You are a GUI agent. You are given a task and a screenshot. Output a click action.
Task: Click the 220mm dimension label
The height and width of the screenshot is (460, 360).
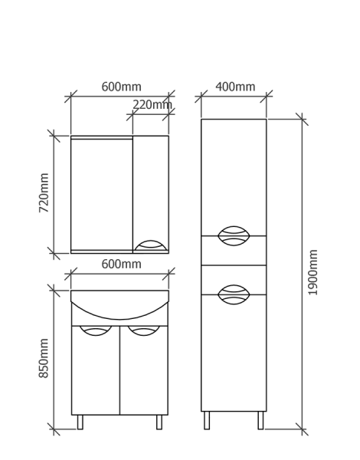pyautogui.click(x=152, y=104)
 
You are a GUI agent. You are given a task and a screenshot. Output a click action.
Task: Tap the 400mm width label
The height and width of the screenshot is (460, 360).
pyautogui.click(x=235, y=87)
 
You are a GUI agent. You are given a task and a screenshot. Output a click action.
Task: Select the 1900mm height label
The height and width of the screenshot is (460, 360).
pyautogui.click(x=313, y=272)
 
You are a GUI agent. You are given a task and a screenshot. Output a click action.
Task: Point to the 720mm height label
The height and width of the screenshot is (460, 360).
pyautogui.click(x=44, y=192)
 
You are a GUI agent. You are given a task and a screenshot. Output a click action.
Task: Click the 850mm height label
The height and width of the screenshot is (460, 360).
pyautogui.click(x=44, y=358)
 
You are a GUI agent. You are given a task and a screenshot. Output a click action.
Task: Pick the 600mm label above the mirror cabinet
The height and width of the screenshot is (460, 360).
pyautogui.click(x=121, y=87)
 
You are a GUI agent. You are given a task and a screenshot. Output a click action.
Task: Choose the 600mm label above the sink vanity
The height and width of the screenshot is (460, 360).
pyautogui.click(x=121, y=264)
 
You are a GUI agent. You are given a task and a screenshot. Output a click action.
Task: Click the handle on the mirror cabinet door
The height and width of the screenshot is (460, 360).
pyautogui.click(x=150, y=246)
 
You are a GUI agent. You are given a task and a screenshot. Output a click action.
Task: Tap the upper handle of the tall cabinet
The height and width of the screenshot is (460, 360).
pyautogui.click(x=234, y=235)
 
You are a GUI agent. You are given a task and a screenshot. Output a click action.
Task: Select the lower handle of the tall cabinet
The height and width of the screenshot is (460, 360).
pyautogui.click(x=234, y=294)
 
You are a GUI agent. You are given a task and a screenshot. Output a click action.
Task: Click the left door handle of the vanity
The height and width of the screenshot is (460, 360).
pyautogui.click(x=96, y=330)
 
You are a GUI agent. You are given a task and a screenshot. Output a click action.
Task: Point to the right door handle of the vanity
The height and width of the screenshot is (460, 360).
pyautogui.click(x=144, y=330)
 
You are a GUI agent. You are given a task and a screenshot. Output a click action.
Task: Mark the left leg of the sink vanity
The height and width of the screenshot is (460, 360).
pyautogui.click(x=80, y=422)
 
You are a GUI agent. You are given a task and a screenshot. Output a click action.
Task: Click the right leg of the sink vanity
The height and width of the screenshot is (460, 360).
pyautogui.click(x=159, y=422)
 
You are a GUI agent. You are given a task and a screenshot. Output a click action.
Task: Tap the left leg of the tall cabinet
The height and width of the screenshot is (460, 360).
pyautogui.click(x=207, y=420)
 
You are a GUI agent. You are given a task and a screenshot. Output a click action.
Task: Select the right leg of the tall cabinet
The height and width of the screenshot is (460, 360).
pyautogui.click(x=260, y=420)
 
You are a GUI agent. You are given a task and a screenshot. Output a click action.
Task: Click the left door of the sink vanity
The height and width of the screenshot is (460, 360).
pyautogui.click(x=96, y=370)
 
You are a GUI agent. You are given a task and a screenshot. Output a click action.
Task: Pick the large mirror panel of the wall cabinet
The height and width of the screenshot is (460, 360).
pyautogui.click(x=102, y=195)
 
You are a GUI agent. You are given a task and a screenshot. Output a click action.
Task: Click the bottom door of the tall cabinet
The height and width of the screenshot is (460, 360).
pyautogui.click(x=234, y=353)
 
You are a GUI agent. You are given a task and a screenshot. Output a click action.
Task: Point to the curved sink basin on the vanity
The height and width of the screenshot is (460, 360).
pyautogui.click(x=119, y=319)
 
